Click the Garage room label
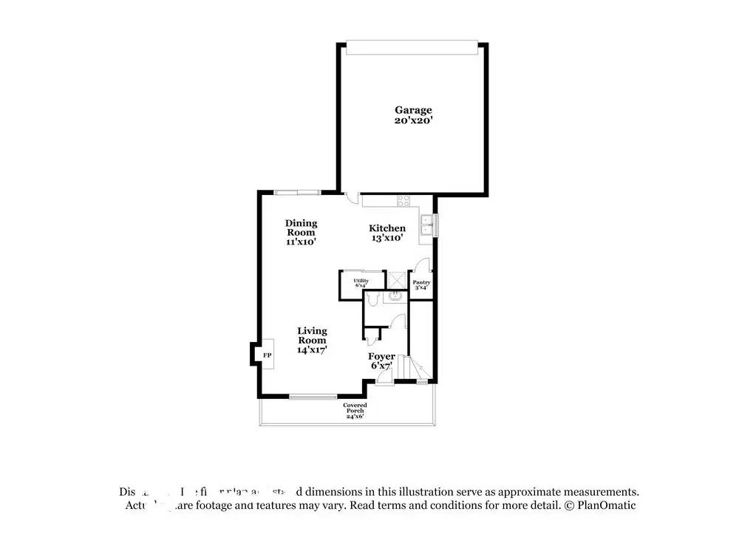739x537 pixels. tap(412, 110)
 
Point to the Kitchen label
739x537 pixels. tap(387, 228)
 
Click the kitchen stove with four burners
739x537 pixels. tap(404, 200)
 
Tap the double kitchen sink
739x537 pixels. tap(426, 225)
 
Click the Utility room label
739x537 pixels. tap(360, 281)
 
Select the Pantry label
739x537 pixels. tap(421, 283)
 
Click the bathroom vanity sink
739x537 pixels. tap(396, 296)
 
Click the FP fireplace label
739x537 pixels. tap(267, 355)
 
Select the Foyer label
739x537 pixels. tap(381, 357)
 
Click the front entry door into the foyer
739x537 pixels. tap(384, 377)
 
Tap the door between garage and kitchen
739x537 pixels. tap(351, 197)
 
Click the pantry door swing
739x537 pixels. tap(420, 265)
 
